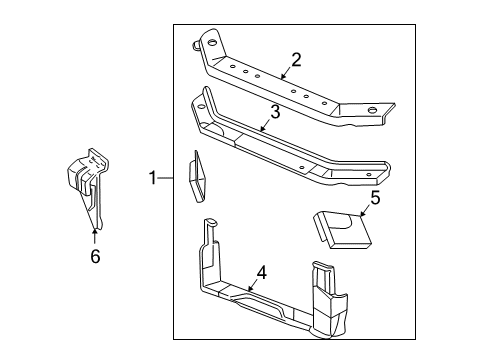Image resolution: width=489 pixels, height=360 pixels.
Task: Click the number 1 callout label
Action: (153, 179)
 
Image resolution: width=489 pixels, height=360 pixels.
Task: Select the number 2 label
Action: (297, 58)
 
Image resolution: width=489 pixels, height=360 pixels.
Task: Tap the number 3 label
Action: (275, 113)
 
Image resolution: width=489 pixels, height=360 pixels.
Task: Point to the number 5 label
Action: (375, 198)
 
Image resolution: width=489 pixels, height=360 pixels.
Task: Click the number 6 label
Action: (95, 256)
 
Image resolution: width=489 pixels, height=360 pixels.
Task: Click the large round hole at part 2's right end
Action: (371, 109)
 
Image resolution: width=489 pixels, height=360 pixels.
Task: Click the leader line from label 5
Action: (362, 208)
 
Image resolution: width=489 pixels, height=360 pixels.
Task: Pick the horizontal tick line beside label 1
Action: (166, 179)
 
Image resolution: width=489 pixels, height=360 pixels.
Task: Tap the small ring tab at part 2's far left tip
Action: (189, 43)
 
